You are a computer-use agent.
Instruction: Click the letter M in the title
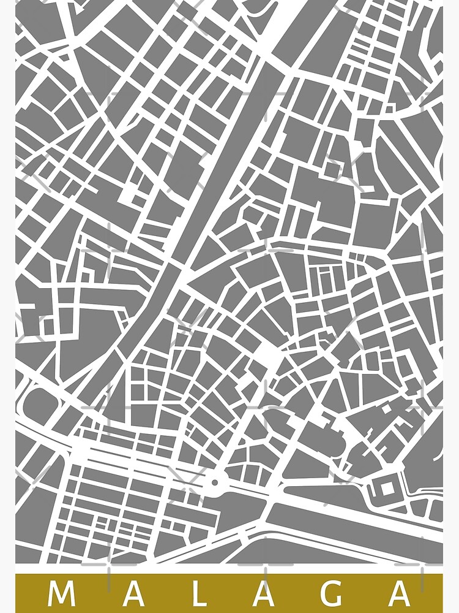point(61,593)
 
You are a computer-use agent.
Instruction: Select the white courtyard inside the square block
point(387,489)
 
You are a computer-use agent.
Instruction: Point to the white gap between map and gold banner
point(229,569)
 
